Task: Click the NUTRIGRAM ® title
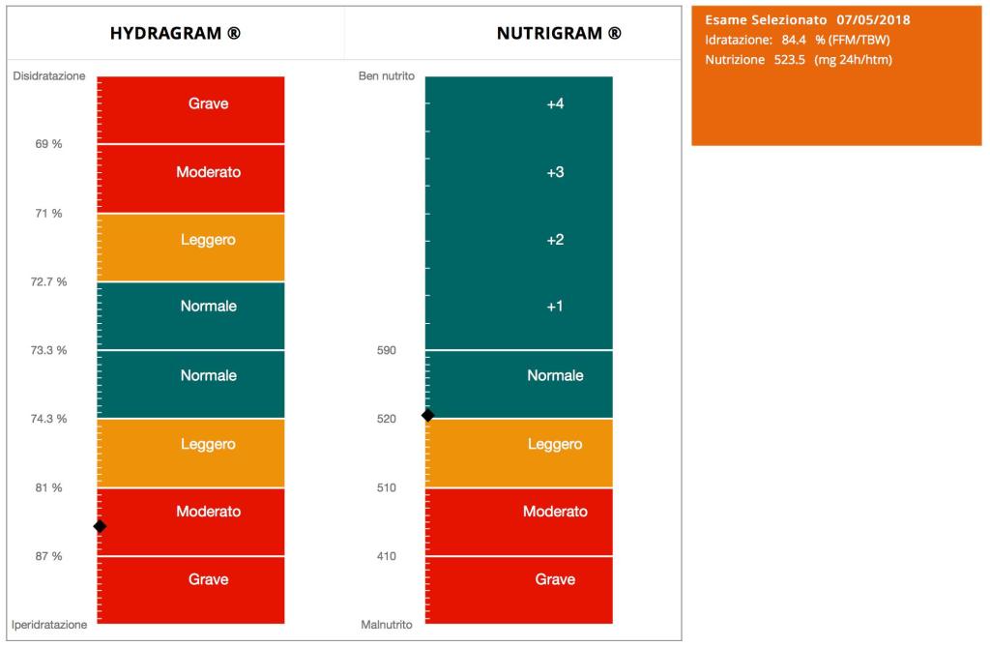point(559,33)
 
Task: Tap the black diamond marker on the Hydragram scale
point(100,526)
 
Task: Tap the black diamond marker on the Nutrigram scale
point(427,415)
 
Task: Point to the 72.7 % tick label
point(48,281)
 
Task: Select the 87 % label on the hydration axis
point(48,556)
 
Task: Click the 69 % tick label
point(48,144)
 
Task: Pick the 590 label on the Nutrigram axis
point(386,350)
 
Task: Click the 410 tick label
point(386,556)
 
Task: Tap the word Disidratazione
point(49,75)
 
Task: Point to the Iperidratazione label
point(49,625)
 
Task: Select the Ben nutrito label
point(386,75)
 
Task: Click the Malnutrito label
point(387,625)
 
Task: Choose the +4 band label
point(555,104)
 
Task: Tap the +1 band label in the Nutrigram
point(555,307)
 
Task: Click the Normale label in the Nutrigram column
point(555,375)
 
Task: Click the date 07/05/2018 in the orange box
point(874,19)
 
